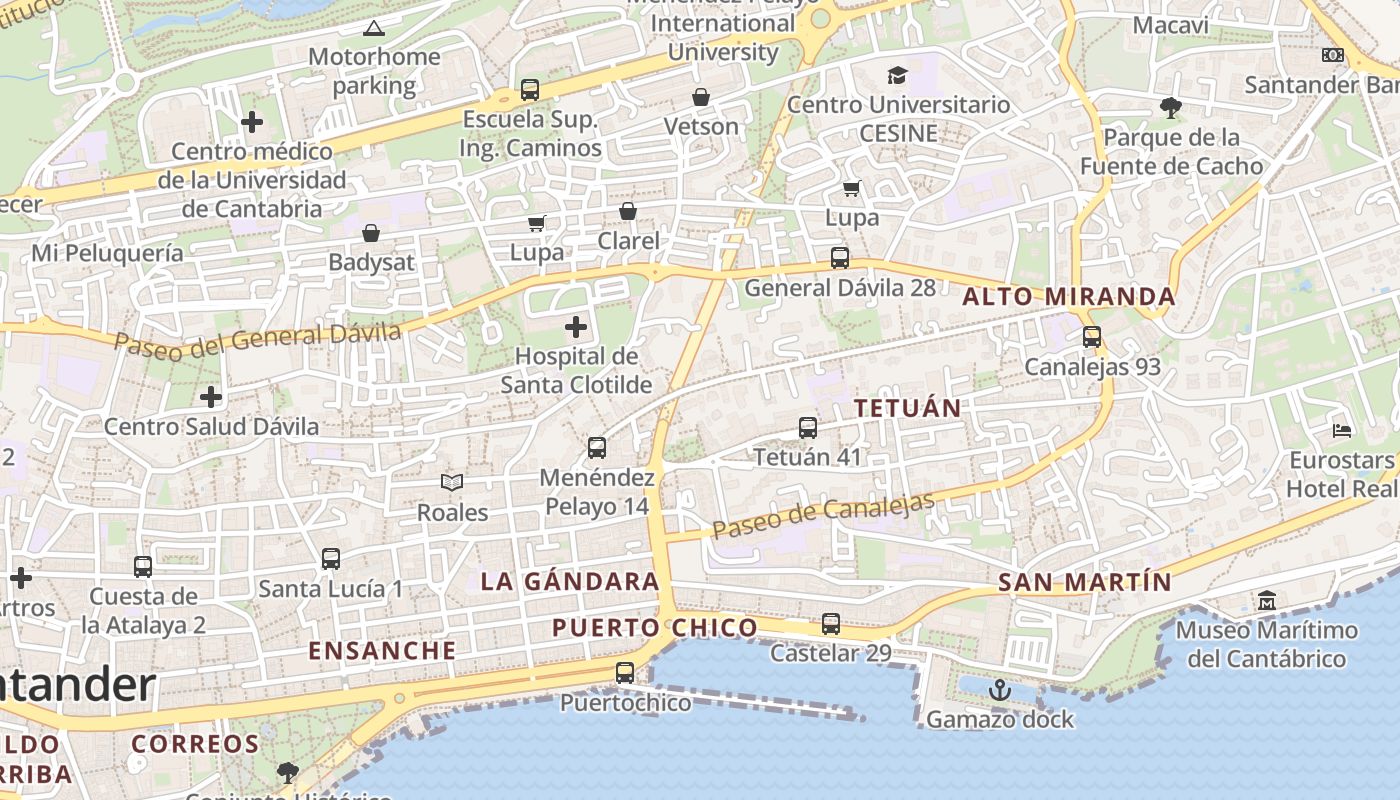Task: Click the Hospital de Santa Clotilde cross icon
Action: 576,327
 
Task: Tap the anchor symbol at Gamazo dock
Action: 999,690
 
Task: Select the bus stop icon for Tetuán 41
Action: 808,428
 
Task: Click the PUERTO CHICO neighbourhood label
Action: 655,628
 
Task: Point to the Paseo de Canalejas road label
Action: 824,516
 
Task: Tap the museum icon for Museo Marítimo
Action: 1267,601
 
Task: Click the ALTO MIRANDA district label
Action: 1069,297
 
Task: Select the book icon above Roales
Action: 452,483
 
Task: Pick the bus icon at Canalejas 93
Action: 1092,337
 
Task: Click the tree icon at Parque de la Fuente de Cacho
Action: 1170,108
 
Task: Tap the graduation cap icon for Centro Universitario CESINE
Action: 897,75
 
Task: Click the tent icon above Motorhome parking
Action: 374,28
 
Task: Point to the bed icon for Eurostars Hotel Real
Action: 1342,431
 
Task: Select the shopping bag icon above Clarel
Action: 628,211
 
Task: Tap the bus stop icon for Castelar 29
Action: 831,624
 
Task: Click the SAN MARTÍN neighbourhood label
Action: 1085,582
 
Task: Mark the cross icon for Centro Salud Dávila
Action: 211,397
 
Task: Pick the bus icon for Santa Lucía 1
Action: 331,559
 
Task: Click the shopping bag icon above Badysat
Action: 371,233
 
